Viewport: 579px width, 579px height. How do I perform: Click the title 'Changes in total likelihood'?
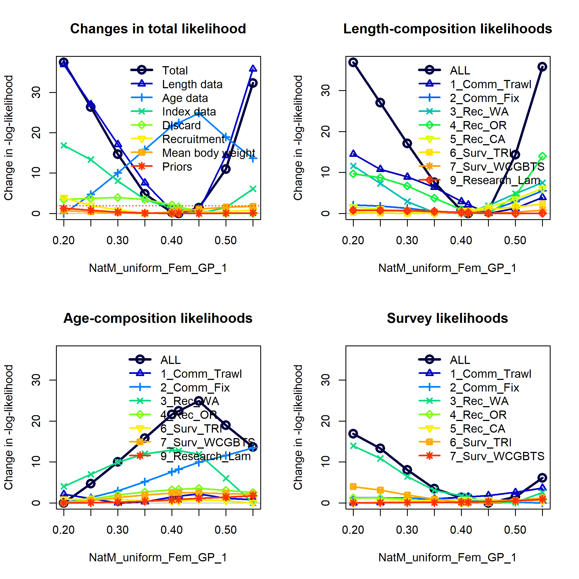[158, 29]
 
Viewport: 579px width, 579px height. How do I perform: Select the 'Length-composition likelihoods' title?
[447, 29]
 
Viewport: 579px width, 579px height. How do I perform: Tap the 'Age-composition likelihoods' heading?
[158, 318]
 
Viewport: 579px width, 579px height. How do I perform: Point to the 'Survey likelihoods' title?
[447, 318]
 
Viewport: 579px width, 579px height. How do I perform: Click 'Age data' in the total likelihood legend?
[185, 98]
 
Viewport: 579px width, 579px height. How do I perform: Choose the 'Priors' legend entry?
[177, 167]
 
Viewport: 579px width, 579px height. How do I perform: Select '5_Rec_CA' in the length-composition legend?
[478, 139]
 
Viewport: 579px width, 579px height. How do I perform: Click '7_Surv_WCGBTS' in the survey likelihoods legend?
[497, 456]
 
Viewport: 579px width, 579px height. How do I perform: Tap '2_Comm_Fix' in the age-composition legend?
[195, 387]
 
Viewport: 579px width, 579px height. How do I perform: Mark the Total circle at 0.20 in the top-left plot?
[63, 62]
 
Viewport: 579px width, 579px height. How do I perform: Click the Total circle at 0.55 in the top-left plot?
[253, 83]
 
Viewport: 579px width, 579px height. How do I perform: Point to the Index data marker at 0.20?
[63, 145]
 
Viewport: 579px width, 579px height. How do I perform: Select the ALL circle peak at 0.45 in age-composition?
[199, 401]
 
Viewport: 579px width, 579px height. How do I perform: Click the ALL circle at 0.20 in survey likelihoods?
[353, 434]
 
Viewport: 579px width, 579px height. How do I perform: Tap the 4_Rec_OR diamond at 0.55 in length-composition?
[542, 156]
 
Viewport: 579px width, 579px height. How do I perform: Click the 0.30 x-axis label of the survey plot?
[407, 530]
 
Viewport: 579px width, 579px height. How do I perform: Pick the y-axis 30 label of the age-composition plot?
[36, 380]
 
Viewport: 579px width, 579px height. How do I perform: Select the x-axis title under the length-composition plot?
[447, 268]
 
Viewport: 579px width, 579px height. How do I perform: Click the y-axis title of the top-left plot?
[8, 138]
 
